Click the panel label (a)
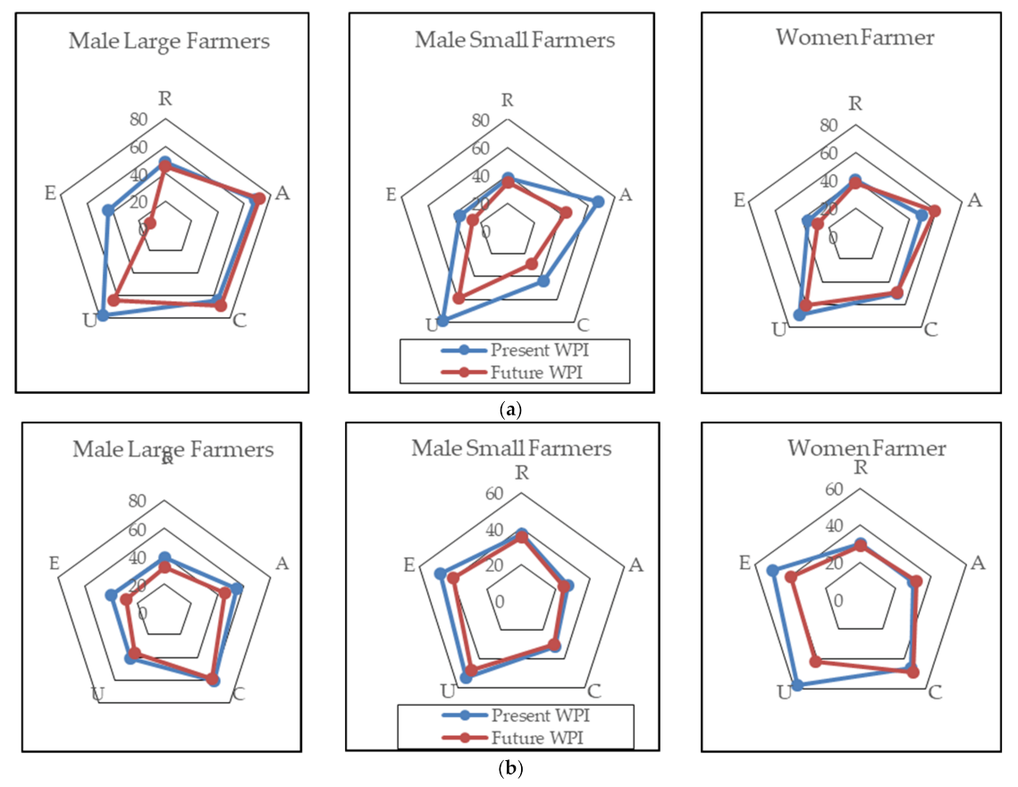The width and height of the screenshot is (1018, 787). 510,410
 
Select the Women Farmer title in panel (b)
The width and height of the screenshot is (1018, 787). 860,448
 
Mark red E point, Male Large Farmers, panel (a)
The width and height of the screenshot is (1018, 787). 150,223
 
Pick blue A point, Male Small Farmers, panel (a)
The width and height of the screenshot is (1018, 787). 598,202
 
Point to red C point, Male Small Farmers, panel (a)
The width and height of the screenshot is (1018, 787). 531,264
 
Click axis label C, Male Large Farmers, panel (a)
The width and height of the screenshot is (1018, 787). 240,320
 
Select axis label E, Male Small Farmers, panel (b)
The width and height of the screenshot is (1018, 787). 409,565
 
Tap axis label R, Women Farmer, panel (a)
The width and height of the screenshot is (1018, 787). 855,102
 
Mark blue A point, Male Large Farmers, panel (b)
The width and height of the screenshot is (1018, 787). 237,589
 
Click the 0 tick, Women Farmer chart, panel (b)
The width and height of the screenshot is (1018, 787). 838,600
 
